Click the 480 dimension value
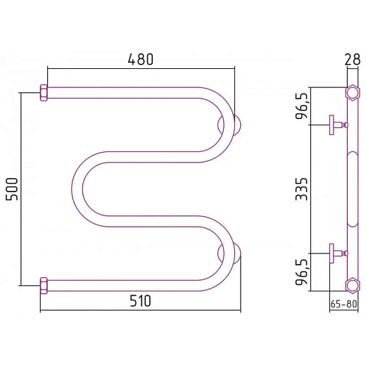141,59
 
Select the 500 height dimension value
12,189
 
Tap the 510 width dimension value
140,301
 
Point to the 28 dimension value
353,59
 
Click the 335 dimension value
301,189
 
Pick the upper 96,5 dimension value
301,106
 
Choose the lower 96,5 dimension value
301,272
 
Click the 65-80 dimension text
343,304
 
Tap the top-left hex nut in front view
44,93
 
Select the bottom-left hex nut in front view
44,286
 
